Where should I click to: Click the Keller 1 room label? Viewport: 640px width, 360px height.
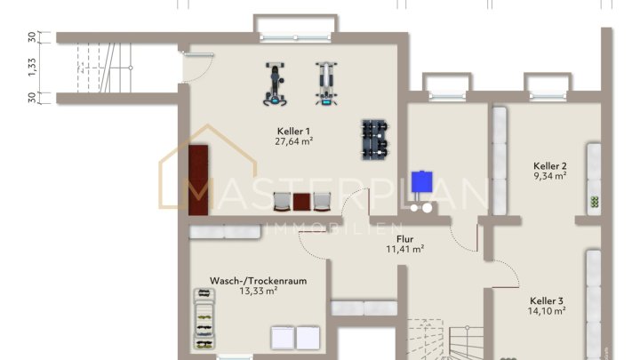click(x=294, y=130)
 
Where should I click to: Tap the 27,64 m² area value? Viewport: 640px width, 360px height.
click(x=294, y=141)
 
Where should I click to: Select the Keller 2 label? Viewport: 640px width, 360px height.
click(x=550, y=165)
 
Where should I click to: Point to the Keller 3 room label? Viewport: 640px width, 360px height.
click(x=547, y=300)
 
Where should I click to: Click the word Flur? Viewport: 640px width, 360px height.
click(x=404, y=238)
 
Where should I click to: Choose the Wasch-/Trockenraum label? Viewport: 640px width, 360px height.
click(x=258, y=280)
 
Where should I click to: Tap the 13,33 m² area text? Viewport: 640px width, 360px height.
click(x=258, y=291)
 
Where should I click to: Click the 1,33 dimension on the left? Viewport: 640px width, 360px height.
click(x=32, y=68)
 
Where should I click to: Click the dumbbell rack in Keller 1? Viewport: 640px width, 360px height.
click(x=375, y=140)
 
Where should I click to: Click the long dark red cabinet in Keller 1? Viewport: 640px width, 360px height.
click(x=197, y=180)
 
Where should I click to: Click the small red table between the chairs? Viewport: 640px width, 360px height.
click(x=303, y=201)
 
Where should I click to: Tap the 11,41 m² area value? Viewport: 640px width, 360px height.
click(x=404, y=249)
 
